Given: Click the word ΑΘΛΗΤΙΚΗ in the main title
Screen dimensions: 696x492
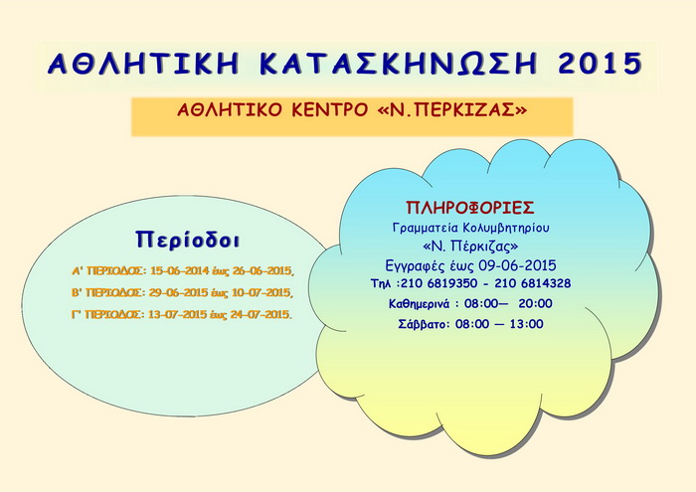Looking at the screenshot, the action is click(143, 64).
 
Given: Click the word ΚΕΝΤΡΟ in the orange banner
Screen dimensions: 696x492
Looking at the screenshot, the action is click(330, 109).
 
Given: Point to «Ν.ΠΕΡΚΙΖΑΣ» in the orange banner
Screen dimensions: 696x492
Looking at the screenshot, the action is click(451, 109).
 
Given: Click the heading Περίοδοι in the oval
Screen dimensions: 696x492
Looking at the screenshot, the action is click(188, 240).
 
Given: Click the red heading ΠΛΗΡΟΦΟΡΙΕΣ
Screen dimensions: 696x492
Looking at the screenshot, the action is click(470, 208).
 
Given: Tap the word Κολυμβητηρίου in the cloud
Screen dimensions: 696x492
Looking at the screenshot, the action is click(506, 228).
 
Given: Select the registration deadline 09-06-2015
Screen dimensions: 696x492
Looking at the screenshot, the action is click(517, 265).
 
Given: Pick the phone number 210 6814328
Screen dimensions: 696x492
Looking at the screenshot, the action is click(533, 283).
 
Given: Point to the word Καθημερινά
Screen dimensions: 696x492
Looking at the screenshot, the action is click(420, 304).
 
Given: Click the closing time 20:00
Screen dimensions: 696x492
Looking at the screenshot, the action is click(535, 303).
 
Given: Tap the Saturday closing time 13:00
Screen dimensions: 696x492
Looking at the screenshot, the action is click(526, 324).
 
